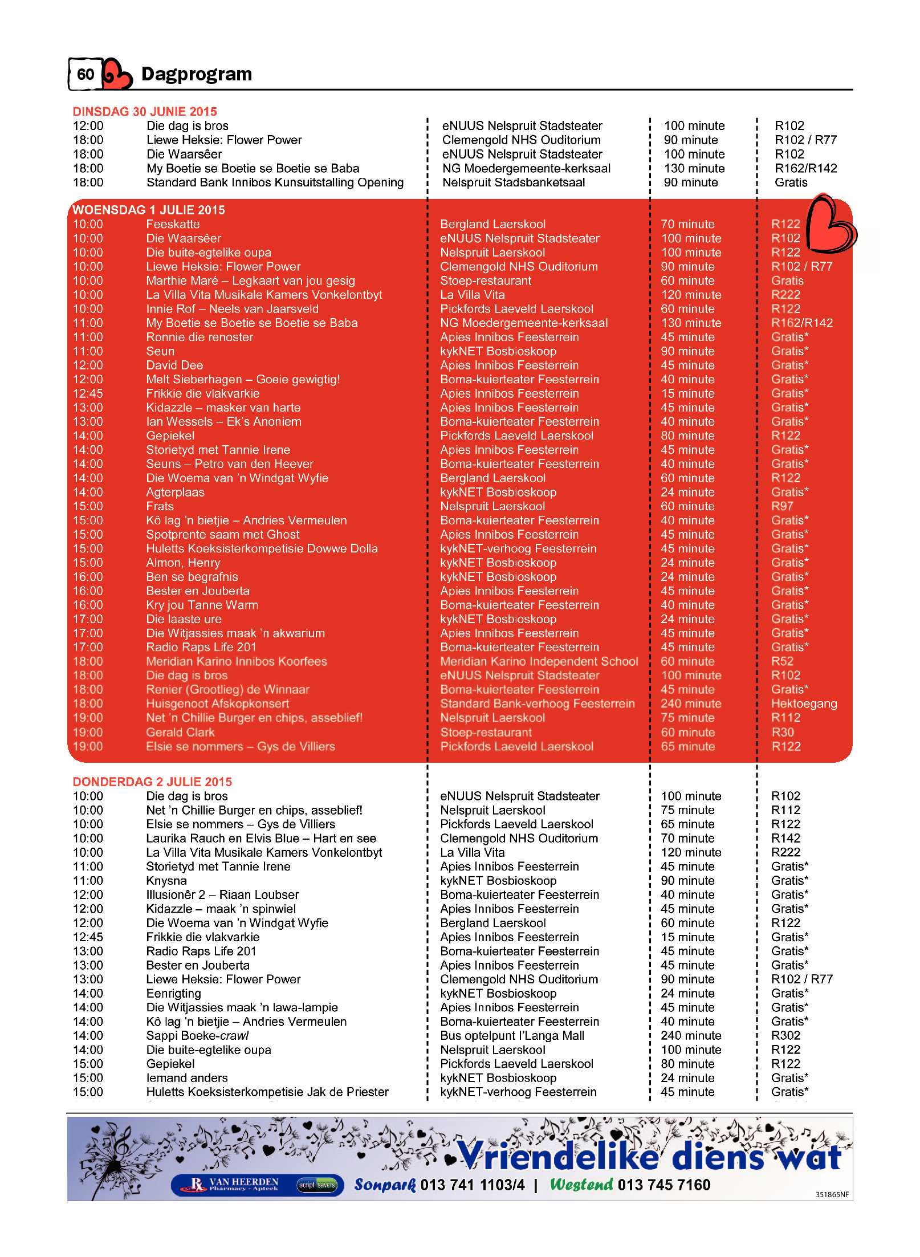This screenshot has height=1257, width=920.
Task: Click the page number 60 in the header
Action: tap(86, 74)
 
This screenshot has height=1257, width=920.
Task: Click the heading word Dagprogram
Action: tap(196, 74)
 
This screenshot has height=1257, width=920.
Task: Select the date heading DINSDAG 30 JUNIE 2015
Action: tap(145, 111)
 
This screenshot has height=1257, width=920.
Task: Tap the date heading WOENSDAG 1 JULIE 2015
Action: tap(149, 210)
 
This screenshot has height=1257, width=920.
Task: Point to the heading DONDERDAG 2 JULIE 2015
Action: tap(152, 782)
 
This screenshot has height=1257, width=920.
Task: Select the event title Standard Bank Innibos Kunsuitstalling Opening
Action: tap(275, 182)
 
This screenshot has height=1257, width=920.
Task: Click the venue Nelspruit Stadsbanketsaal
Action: tap(514, 182)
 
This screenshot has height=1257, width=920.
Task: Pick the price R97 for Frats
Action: tap(782, 506)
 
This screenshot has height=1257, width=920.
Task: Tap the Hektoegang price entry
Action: tap(804, 703)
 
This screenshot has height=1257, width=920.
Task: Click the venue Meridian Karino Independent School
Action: tap(539, 661)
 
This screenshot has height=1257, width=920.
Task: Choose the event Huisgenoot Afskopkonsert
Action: tap(217, 703)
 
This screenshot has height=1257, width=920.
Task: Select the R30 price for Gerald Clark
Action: tap(783, 732)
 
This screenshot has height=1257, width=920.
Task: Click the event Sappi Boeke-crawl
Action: tap(197, 1035)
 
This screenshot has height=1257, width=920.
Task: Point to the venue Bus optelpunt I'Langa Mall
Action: tap(512, 1035)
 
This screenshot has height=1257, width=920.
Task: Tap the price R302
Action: tap(785, 1035)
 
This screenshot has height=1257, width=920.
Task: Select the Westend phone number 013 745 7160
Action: tap(663, 1185)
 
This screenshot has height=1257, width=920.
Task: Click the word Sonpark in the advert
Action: tap(385, 1185)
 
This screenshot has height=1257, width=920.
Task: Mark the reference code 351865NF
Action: tap(832, 1194)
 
